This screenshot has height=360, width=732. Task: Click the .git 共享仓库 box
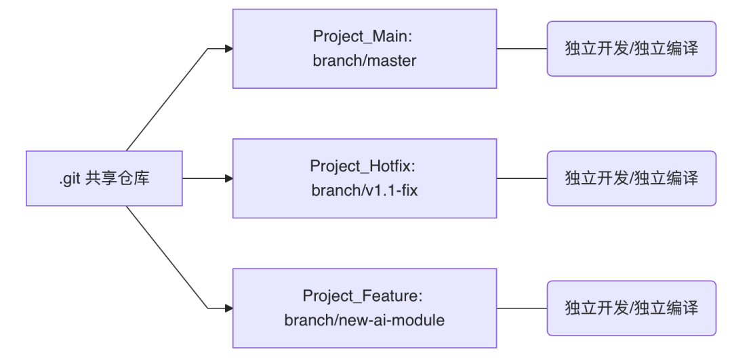(x=104, y=179)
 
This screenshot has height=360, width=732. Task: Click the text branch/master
(x=364, y=60)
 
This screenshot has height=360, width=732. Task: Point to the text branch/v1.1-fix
(x=364, y=191)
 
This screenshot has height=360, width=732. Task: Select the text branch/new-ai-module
(x=364, y=320)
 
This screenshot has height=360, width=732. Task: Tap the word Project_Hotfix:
(x=364, y=167)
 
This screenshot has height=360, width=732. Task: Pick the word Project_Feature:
(x=364, y=297)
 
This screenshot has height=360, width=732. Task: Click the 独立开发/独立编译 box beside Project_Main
(x=631, y=49)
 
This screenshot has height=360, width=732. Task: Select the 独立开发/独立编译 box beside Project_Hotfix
(x=631, y=179)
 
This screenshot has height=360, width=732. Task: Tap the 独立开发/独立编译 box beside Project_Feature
(x=631, y=308)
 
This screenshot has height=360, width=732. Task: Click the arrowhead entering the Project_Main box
(x=228, y=49)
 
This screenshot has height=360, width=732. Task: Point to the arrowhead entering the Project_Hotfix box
(x=228, y=179)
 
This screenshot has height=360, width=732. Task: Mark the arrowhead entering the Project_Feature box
(x=228, y=308)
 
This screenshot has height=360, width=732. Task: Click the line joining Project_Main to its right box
(x=522, y=49)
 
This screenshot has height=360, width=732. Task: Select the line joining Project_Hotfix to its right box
(x=522, y=179)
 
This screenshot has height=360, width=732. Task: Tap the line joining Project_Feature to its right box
(x=522, y=308)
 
